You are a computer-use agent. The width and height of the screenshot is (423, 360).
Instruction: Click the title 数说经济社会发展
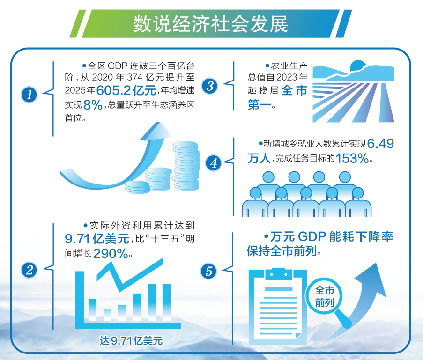coord(210,24)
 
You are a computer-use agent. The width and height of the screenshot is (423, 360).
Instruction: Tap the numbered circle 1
coord(29,95)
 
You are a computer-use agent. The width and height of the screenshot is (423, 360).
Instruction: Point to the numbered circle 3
coord(209,86)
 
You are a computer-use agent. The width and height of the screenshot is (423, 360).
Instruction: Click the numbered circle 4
coord(214,163)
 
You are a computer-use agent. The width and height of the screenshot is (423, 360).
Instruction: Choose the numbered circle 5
coord(208,271)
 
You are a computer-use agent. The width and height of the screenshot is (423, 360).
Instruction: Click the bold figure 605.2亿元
coord(126,90)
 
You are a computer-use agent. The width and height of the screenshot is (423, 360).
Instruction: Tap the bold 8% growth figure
coord(93,104)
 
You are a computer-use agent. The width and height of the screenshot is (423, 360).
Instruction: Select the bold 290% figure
coord(111,253)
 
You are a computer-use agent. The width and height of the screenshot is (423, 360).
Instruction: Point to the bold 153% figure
coord(352,158)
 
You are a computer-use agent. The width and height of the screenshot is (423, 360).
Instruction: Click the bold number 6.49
coord(380,144)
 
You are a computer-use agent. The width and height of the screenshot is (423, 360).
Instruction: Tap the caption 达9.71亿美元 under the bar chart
coord(131,341)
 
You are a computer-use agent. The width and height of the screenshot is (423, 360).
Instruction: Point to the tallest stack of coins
coord(186,166)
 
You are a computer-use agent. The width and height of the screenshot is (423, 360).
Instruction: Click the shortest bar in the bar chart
coord(107,314)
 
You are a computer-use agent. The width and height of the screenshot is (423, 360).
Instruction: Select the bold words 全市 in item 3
coord(294,90)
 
